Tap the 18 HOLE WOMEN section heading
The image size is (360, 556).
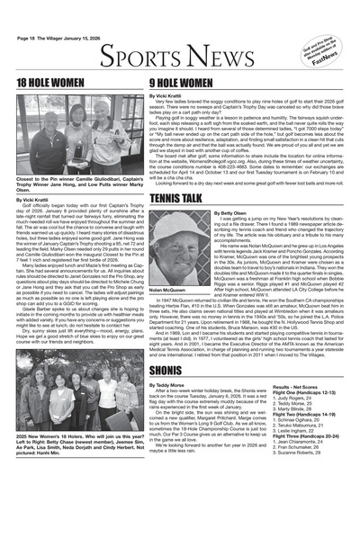(x=50, y=81)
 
